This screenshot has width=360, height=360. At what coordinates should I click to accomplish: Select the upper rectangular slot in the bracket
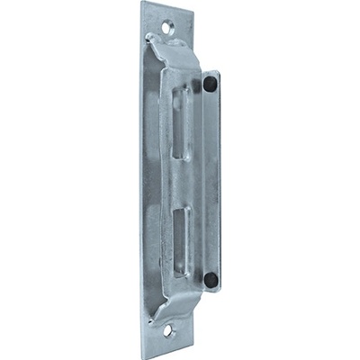coord(182,122)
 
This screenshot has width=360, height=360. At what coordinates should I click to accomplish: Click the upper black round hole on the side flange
coord(210,85)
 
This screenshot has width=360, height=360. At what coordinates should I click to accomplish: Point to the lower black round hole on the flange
coord(210,279)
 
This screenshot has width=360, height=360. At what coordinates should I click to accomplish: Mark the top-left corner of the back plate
coord(142,3)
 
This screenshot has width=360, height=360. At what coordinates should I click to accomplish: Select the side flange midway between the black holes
coord(211,180)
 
